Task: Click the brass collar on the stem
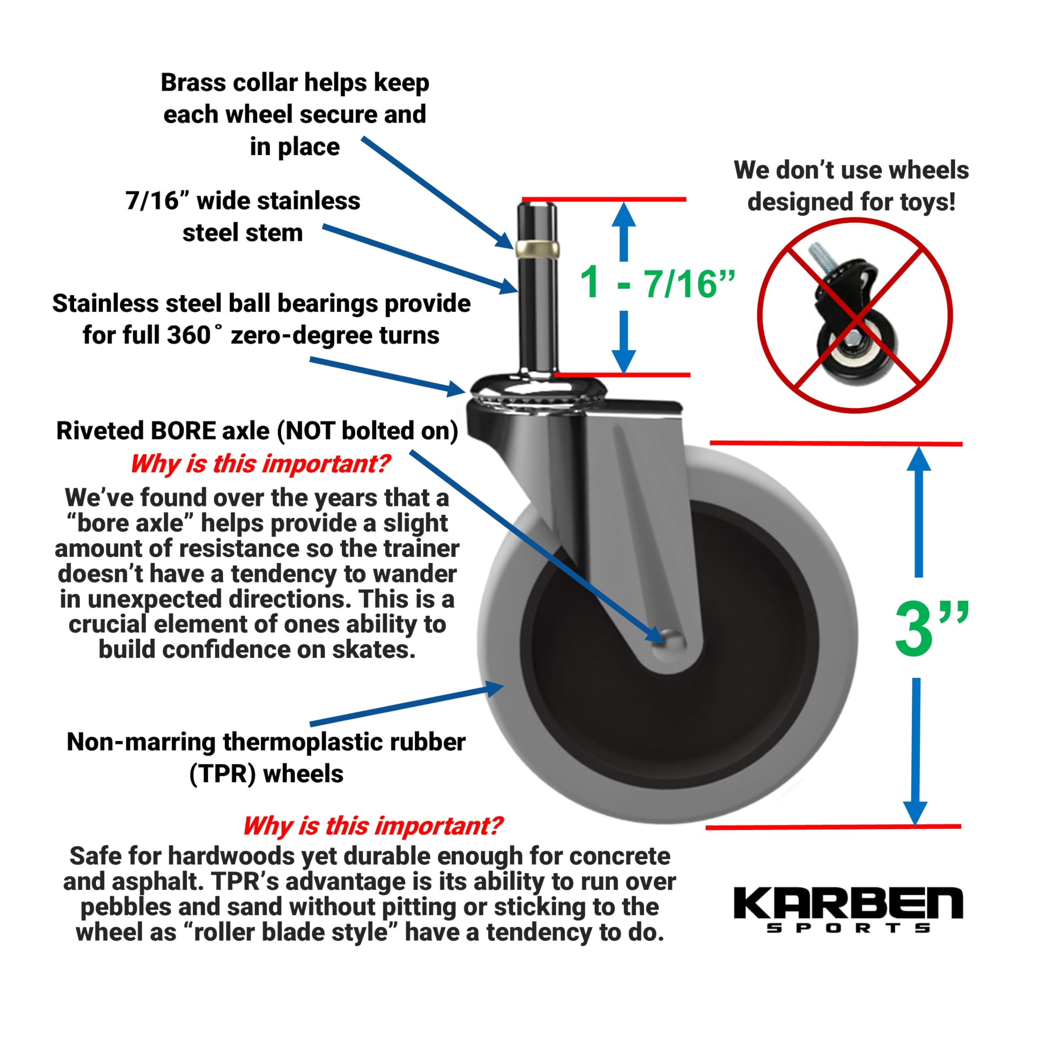(537, 248)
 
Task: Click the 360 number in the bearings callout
(188, 335)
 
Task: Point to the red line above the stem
(604, 199)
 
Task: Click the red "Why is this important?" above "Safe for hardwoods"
(373, 826)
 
